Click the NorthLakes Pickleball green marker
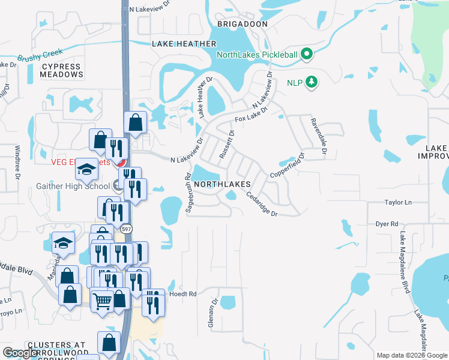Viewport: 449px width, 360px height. point(307,55)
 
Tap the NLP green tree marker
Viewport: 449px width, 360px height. point(311,81)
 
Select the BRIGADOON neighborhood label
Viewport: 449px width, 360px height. point(242,24)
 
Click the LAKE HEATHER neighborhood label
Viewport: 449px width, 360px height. point(184,44)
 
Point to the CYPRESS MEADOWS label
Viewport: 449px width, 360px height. point(61,71)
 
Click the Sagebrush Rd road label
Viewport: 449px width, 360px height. point(188,193)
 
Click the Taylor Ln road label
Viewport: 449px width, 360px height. point(398,203)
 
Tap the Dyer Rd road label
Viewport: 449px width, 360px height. point(387,224)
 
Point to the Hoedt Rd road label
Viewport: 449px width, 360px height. point(184,294)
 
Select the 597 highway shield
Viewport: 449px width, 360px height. point(125,229)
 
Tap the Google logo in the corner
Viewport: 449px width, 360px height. point(22,353)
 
